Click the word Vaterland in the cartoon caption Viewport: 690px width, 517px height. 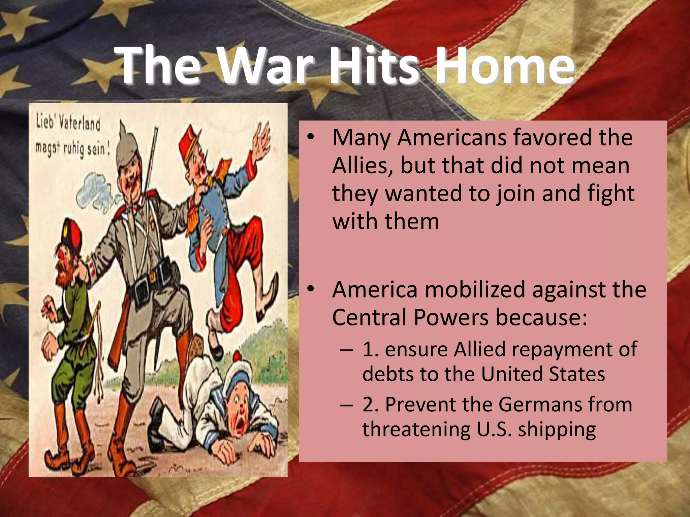[80, 123]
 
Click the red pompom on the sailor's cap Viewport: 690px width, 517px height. [238, 357]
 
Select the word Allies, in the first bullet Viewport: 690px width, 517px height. [363, 166]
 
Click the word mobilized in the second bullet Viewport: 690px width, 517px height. [475, 289]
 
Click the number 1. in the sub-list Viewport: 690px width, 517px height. [370, 349]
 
